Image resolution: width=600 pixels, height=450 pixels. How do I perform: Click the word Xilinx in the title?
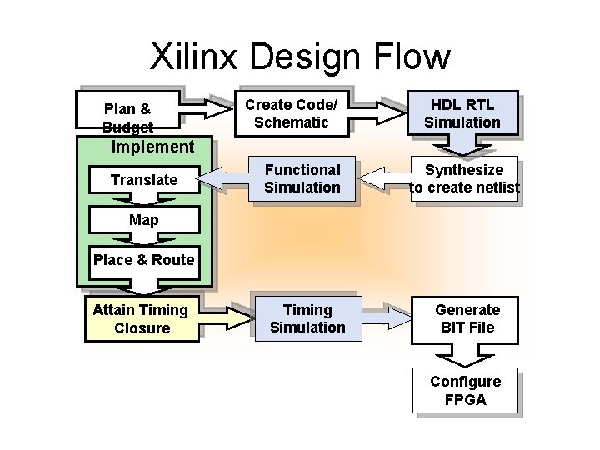194,57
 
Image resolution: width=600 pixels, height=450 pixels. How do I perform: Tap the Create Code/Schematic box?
291,113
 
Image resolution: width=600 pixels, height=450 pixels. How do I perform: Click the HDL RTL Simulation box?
462,113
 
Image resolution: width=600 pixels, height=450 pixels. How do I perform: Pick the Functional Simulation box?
302,179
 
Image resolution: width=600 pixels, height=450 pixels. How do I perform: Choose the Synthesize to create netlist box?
464,179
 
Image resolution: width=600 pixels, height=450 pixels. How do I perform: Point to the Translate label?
143,180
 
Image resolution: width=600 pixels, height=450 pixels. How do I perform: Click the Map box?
143,221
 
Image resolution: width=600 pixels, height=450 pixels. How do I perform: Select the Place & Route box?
143,259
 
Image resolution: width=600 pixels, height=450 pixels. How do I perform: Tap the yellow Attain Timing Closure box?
142,319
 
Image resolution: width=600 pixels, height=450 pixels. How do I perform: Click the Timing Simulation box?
307,318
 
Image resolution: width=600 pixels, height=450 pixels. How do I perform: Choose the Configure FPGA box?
465,391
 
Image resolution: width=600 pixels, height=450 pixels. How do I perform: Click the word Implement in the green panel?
152,147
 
